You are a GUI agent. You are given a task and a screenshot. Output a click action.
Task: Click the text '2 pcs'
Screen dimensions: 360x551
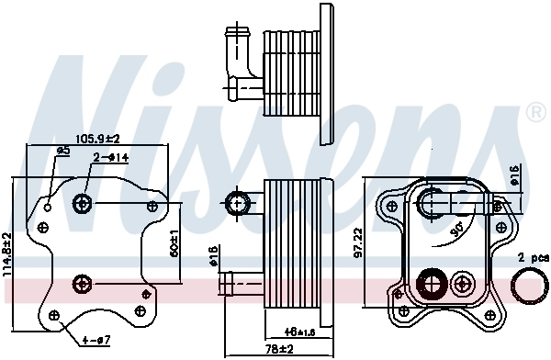[532, 259]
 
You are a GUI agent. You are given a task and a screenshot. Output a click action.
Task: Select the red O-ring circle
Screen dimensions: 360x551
[527, 287]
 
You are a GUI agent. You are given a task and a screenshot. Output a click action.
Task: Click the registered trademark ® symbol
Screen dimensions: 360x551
[535, 113]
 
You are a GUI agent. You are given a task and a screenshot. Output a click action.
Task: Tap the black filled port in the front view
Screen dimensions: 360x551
[429, 284]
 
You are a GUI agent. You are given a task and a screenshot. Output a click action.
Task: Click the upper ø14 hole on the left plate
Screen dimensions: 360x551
[84, 202]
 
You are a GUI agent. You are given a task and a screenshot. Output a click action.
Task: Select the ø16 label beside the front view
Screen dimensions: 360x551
[515, 174]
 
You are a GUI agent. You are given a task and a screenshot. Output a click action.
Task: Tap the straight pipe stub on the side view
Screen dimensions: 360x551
[241, 281]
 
